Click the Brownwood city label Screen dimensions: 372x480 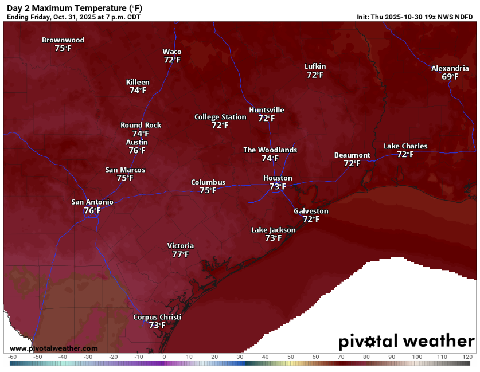[63, 40]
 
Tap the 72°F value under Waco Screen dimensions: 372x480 [172, 60]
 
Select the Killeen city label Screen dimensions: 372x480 [138, 83]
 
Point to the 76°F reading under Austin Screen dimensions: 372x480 [137, 151]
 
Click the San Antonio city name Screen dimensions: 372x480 [92, 202]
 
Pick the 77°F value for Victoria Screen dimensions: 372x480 [181, 254]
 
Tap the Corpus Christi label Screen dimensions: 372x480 [157, 318]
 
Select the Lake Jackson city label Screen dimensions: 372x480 [274, 230]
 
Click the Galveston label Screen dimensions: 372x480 [311, 211]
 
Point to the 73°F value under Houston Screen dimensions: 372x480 [278, 187]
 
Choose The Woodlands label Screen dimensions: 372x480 [270, 150]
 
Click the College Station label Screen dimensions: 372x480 [220, 117]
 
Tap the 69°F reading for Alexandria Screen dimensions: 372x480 [450, 77]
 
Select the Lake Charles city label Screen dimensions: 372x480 [405, 146]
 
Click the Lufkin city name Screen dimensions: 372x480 [315, 66]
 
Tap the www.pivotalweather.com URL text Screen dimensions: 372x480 [53, 348]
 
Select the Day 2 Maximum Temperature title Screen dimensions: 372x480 [74, 8]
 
